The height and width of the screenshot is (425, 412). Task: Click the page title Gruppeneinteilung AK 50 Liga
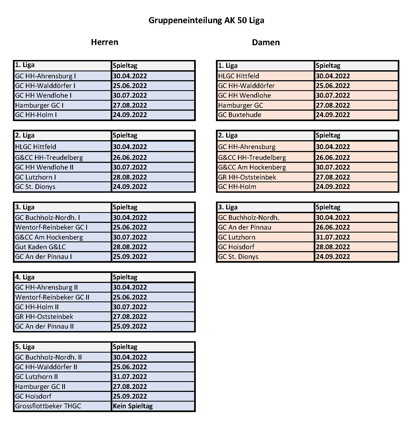[206, 20]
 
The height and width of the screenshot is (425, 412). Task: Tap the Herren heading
[104, 42]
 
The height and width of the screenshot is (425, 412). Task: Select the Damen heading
[266, 43]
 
